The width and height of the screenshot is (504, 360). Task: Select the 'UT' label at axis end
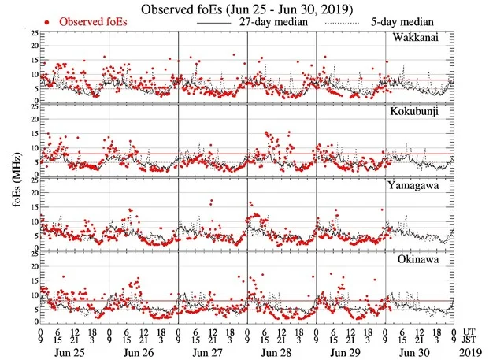point(471,332)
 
